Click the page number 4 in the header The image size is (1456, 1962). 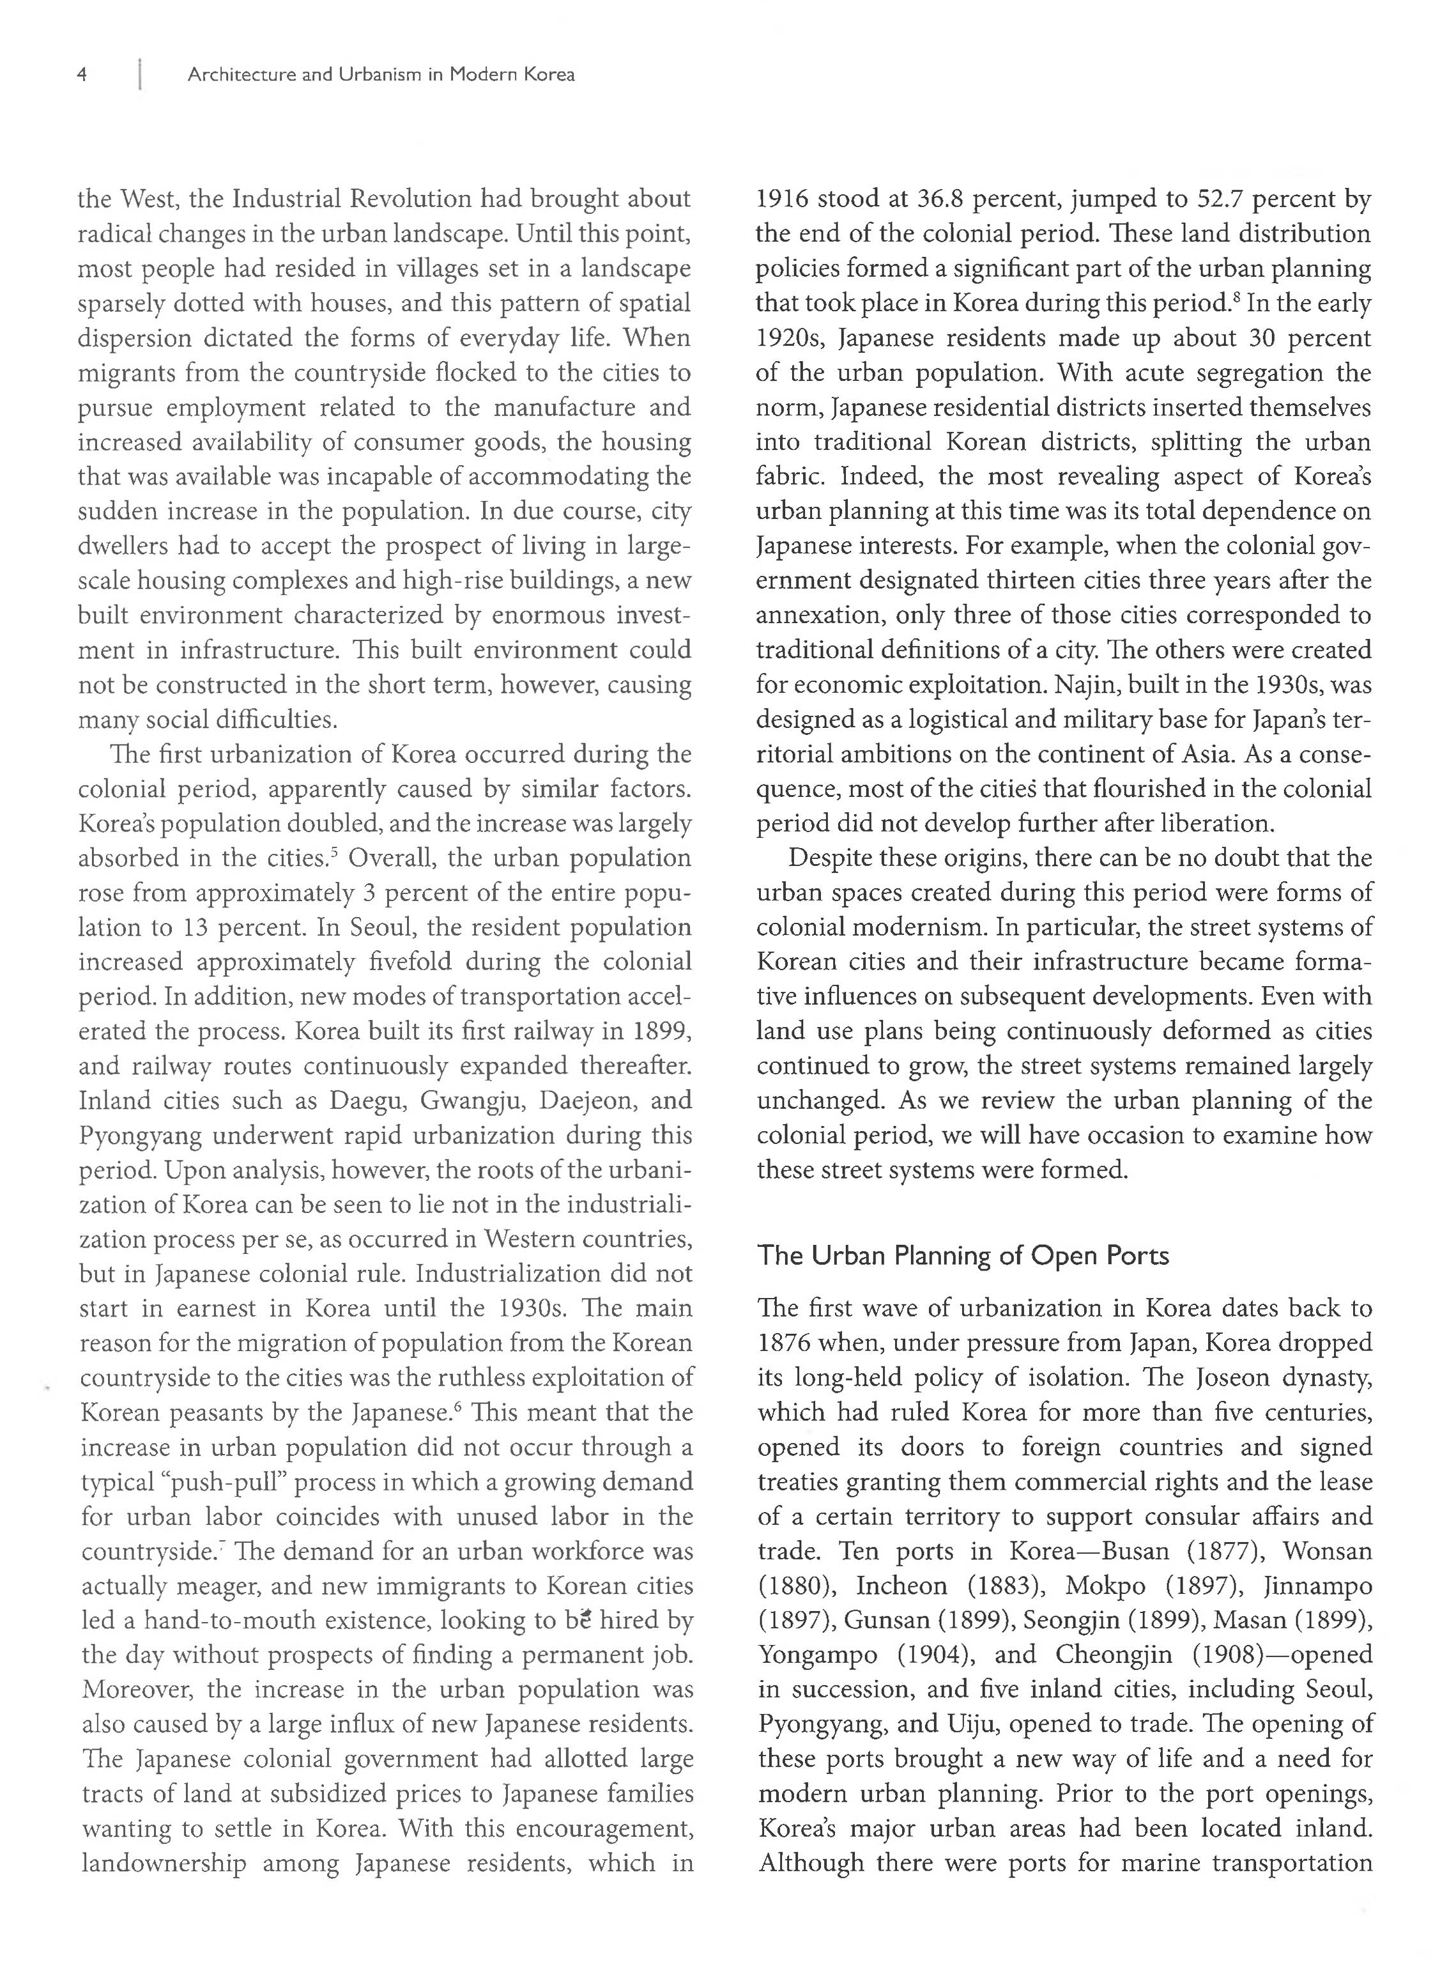tap(82, 75)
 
